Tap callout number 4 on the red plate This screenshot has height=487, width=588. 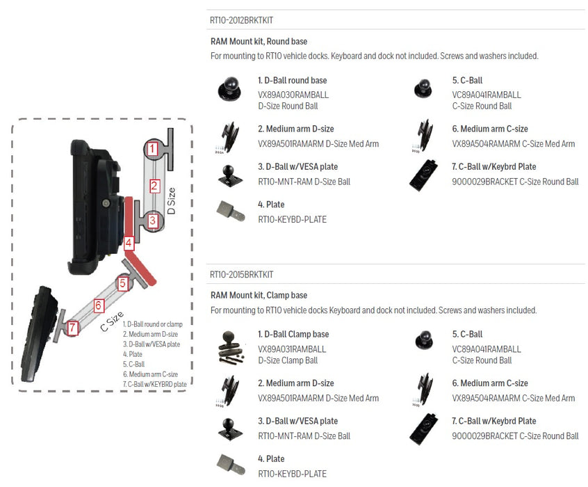(129, 243)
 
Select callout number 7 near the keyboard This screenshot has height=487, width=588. (73, 326)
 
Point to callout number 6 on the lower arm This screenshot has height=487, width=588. (99, 305)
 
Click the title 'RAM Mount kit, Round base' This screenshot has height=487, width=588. (259, 42)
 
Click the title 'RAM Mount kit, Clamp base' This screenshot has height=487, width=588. (259, 296)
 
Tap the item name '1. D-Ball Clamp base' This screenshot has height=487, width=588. (293, 335)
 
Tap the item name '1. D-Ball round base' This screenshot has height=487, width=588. (292, 81)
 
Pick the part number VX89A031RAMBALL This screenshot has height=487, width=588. (292, 349)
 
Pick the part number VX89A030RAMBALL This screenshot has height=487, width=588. (292, 95)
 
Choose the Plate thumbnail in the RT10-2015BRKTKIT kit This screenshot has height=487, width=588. (231, 465)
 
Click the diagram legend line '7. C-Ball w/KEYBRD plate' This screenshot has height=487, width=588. (154, 384)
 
